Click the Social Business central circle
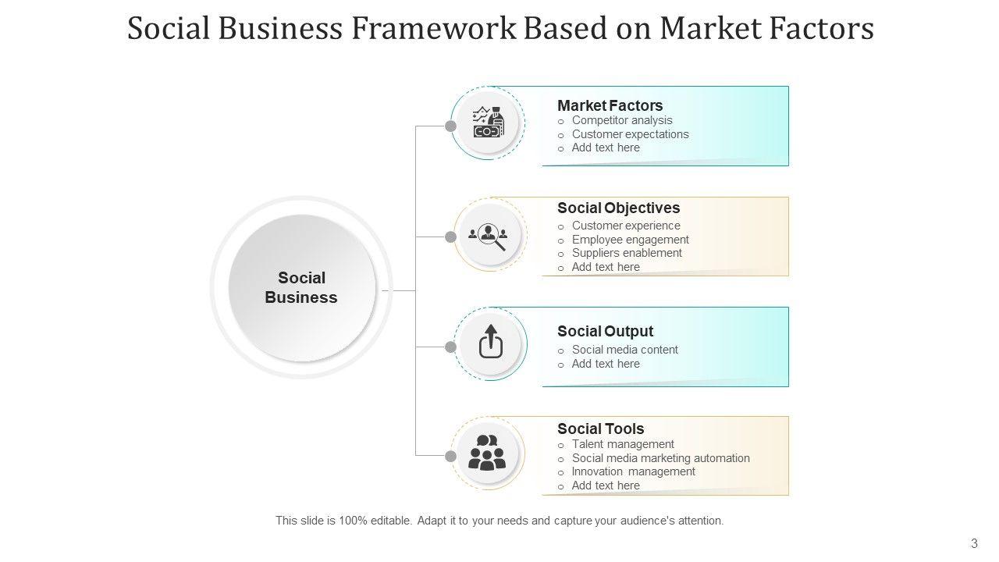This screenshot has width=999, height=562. pos(301,287)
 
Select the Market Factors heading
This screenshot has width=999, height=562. pos(610,105)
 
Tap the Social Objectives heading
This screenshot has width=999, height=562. pos(618,208)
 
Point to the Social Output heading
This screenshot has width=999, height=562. pos(605,331)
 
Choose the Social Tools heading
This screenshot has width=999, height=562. pos(600,429)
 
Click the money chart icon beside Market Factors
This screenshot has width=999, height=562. pos(489,123)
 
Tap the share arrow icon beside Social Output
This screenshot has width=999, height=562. pos(490,343)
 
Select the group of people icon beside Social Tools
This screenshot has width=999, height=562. pos(487,453)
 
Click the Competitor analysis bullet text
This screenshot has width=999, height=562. pos(622,120)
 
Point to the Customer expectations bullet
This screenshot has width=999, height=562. pos(630,134)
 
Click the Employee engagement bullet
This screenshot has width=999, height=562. pos(630,240)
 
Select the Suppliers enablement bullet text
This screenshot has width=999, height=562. pos(627,253)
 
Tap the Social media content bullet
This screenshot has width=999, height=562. pos(624,350)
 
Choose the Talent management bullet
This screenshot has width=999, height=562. pos(623,444)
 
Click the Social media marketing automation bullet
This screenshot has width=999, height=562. pos(660,458)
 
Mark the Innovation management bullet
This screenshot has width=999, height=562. pos(633,471)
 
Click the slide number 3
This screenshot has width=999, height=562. pos(974,543)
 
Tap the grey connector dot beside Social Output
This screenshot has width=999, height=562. pos(450,347)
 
